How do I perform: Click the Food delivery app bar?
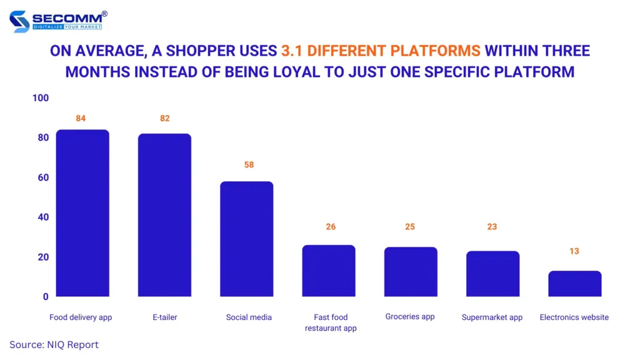click(82, 213)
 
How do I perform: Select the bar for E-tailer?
click(164, 215)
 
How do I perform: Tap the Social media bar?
click(246, 239)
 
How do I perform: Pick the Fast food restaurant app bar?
click(329, 271)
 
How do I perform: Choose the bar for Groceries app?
click(411, 272)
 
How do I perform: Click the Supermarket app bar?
click(492, 274)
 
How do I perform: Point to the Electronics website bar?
click(574, 284)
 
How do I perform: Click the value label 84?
click(81, 119)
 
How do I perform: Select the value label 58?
click(249, 165)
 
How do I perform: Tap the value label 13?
click(574, 251)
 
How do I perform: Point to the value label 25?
click(410, 227)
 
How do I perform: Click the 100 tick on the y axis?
click(41, 98)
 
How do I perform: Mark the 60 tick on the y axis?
click(43, 177)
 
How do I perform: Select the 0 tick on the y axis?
click(46, 297)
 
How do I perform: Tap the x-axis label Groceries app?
click(410, 317)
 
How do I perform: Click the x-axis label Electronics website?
click(574, 317)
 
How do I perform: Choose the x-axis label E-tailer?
click(164, 317)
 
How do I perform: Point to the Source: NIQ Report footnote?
click(54, 344)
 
